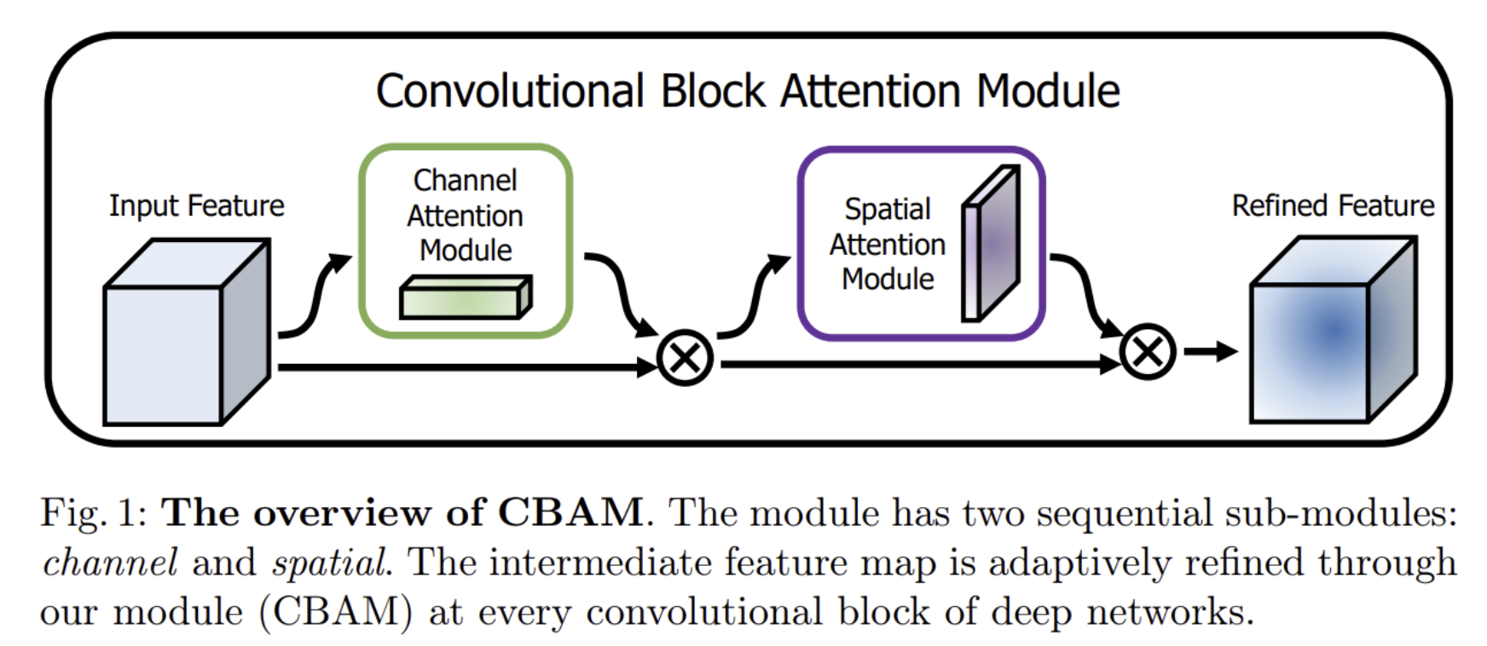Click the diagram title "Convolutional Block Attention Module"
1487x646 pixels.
(x=748, y=91)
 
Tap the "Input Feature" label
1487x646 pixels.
(x=196, y=205)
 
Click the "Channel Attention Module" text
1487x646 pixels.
(x=465, y=215)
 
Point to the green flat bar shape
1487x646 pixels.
(x=465, y=298)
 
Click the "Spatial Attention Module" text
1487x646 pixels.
(x=887, y=244)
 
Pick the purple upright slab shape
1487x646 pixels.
(x=991, y=245)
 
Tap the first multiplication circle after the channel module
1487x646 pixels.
(x=686, y=358)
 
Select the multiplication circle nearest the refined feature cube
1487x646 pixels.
(x=1147, y=351)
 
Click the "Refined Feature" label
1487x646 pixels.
(x=1333, y=205)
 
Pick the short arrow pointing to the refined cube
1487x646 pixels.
(x=1211, y=351)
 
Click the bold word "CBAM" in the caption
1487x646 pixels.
(x=570, y=512)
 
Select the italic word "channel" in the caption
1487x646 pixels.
(x=110, y=562)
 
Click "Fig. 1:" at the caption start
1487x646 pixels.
(x=94, y=513)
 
